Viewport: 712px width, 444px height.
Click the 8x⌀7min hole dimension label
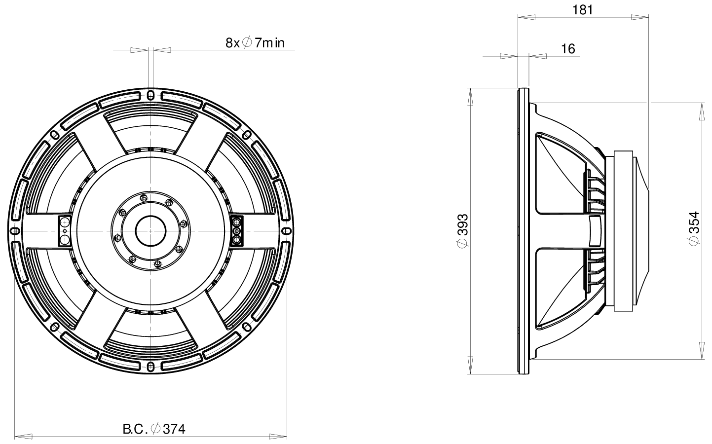[255, 42]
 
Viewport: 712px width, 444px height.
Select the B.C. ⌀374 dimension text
[154, 429]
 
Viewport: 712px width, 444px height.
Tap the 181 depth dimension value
[583, 9]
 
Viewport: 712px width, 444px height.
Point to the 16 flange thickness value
[568, 48]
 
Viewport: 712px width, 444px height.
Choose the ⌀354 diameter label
[694, 228]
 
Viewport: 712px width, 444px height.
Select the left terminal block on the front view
[65, 231]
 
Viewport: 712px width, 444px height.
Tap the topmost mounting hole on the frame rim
[151, 95]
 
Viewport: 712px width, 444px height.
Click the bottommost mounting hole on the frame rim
[151, 366]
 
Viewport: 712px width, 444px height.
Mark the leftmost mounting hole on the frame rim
[15, 231]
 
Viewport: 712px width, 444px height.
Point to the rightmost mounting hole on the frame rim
[287, 231]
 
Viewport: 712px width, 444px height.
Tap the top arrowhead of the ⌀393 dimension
[471, 96]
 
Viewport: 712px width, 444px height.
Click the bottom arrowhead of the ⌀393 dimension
[471, 366]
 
